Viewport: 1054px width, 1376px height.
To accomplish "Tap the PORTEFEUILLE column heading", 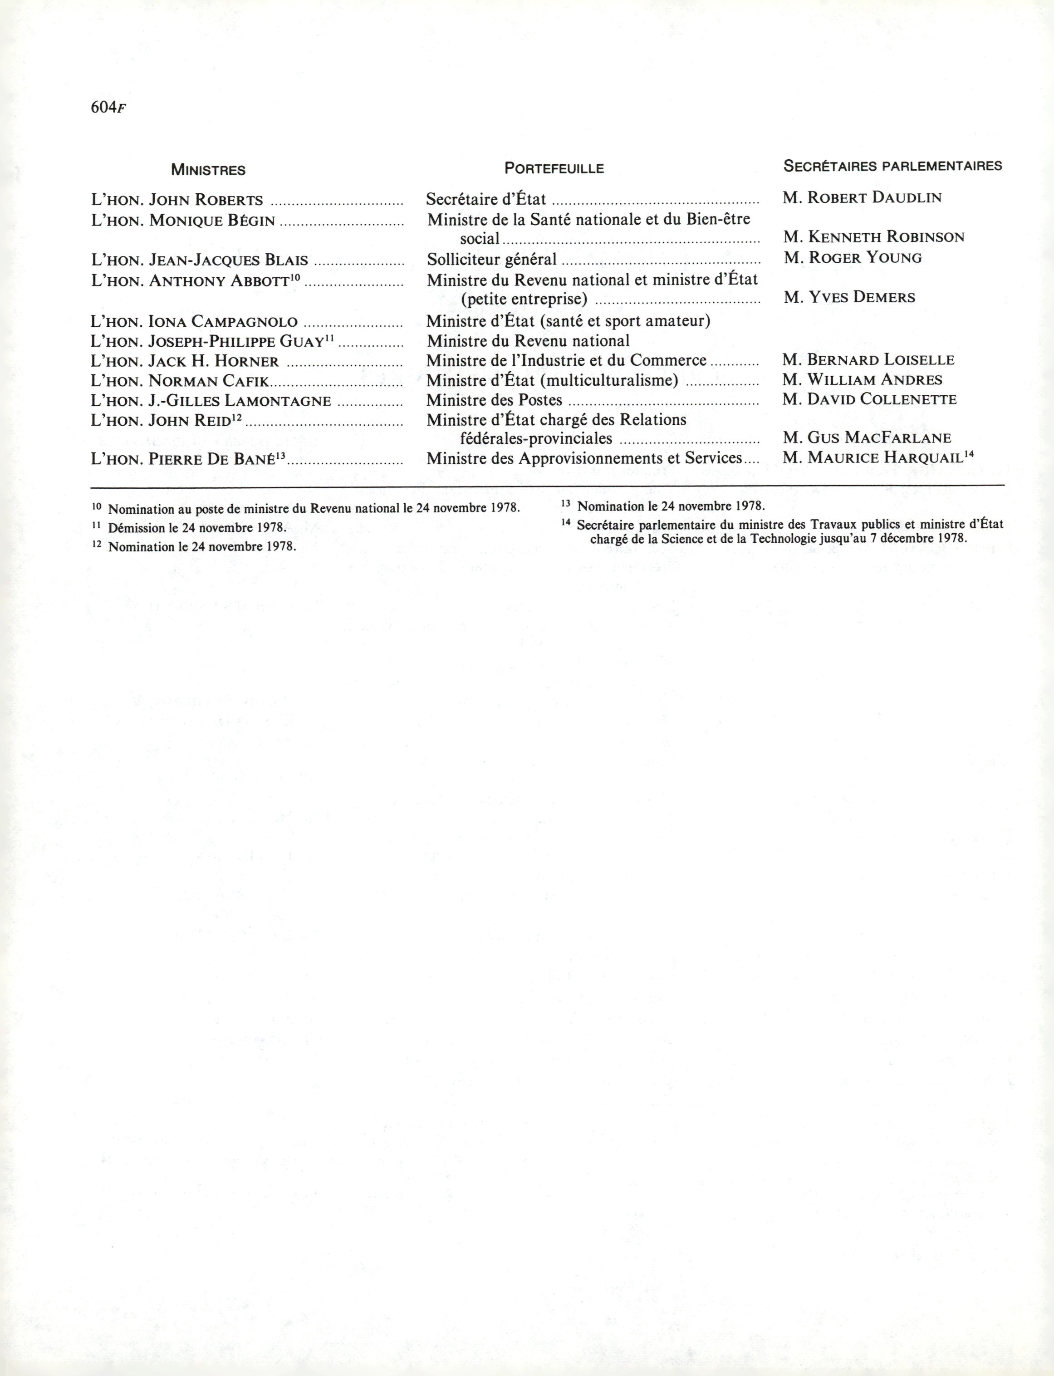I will [554, 168].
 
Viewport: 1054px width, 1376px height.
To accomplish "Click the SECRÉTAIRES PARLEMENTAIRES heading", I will [893, 166].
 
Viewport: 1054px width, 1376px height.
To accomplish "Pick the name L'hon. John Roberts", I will [177, 200].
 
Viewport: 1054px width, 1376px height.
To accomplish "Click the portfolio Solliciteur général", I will [491, 259].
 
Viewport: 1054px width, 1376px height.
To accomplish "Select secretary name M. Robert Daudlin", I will [862, 198].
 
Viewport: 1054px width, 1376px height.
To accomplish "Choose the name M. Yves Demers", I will [849, 297].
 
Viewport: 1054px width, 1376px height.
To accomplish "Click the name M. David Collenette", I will [869, 399].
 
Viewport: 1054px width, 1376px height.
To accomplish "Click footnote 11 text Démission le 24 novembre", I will [197, 528].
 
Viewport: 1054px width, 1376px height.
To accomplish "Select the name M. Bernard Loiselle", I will [868, 360].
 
